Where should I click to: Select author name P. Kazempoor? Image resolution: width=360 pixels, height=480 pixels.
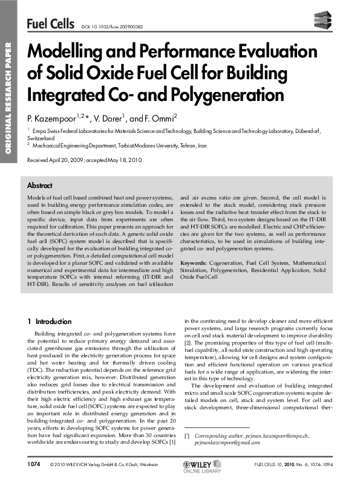(56, 116)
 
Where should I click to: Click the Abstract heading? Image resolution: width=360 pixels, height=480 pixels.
(40, 186)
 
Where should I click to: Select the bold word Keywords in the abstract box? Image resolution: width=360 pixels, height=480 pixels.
(194, 264)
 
